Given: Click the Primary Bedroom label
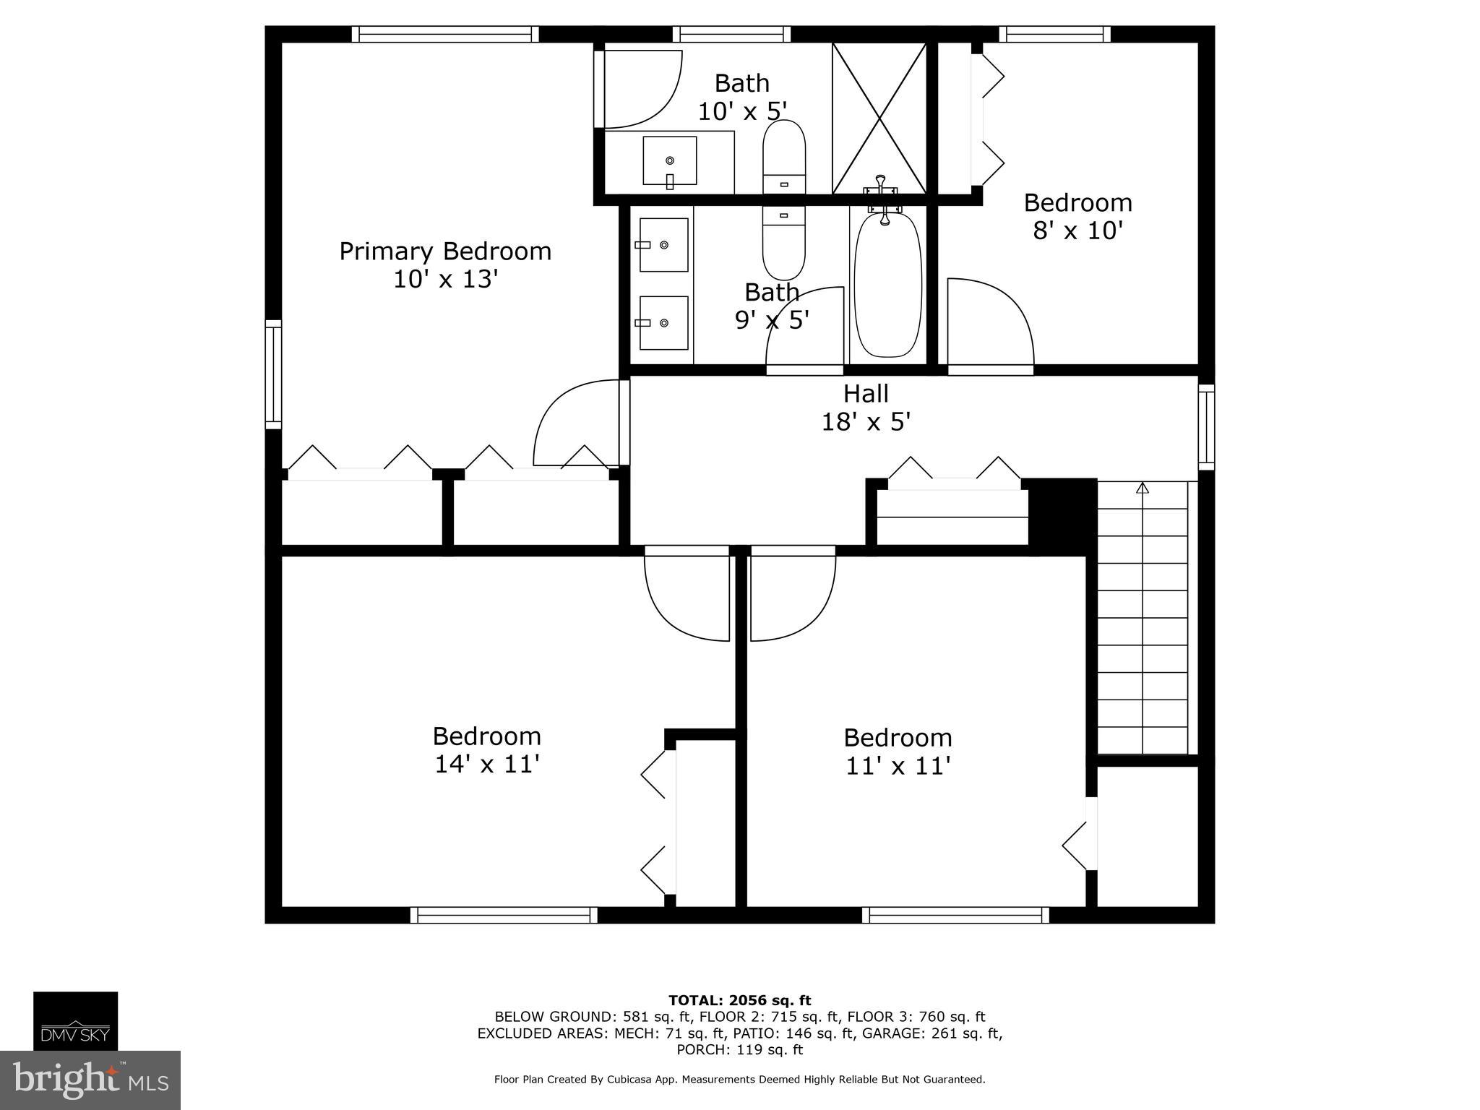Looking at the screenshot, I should click(x=445, y=251).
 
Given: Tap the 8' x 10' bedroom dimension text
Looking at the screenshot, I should click(x=1077, y=231).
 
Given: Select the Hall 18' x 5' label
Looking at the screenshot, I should click(x=866, y=408).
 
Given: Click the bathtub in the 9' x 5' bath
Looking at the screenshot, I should click(x=887, y=283).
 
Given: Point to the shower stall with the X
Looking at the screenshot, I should click(x=879, y=118).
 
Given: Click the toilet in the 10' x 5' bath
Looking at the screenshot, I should click(x=784, y=156).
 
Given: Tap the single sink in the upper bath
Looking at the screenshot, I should click(x=670, y=160).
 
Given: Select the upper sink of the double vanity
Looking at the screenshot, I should click(x=663, y=245).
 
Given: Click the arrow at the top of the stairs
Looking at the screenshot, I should click(x=1142, y=489).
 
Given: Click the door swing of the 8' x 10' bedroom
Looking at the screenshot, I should click(x=990, y=322).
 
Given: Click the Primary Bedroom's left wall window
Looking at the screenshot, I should click(x=273, y=374).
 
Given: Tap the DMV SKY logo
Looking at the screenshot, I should click(x=75, y=1020).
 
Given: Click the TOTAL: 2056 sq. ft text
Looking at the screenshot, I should click(x=739, y=1000).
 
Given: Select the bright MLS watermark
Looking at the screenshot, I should click(x=90, y=1080).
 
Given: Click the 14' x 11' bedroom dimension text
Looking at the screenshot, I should click(x=487, y=765).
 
